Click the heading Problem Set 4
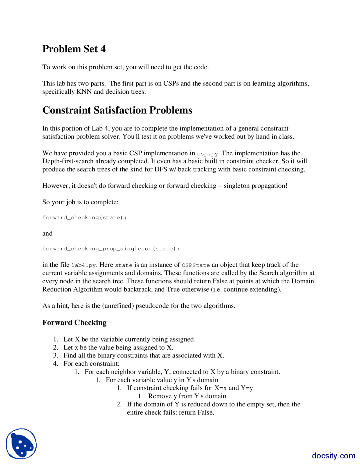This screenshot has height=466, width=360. (74, 49)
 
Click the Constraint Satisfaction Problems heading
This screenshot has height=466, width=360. (117, 110)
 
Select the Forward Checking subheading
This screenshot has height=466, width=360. (74, 322)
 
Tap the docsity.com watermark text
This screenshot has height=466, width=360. (333, 455)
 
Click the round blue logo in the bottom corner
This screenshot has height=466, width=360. (21, 444)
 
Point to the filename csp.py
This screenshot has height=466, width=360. (207, 154)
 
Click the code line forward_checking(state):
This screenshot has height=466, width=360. (84, 218)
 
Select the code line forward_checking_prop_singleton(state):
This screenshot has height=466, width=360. (111, 248)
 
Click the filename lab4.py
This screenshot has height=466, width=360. (84, 265)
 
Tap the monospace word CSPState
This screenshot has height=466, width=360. (196, 265)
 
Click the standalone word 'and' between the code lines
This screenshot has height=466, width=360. (47, 233)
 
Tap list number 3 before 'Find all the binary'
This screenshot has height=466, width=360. (56, 355)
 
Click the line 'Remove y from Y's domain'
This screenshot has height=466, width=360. (187, 396)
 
